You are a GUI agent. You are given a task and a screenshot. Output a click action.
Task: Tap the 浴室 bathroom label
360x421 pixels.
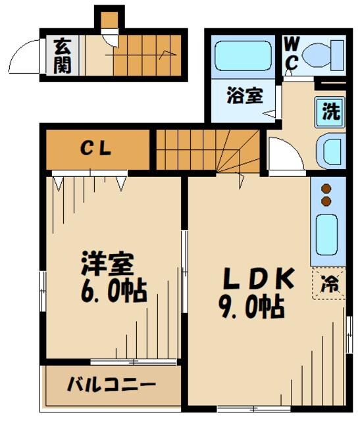(x=245, y=96)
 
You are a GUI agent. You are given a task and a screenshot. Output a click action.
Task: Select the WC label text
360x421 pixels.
(x=292, y=53)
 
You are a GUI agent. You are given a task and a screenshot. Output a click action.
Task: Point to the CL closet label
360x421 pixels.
(x=97, y=148)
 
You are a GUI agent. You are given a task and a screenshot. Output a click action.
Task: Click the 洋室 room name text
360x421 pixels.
(x=107, y=264)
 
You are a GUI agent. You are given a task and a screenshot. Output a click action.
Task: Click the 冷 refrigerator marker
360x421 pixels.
(x=328, y=285)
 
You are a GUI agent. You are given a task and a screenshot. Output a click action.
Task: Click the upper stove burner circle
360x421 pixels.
(x=326, y=189)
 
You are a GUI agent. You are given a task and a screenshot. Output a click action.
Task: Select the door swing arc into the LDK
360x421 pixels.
(x=285, y=156)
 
